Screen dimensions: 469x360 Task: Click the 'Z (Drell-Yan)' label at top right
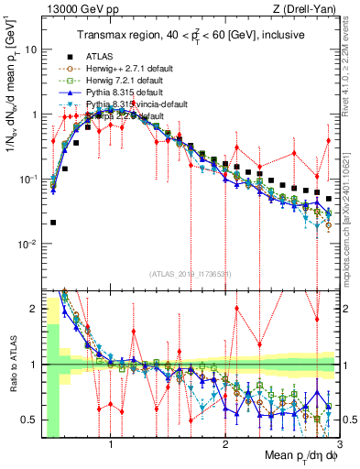point(306,9)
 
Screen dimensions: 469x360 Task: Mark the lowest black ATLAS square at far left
point(53,223)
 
